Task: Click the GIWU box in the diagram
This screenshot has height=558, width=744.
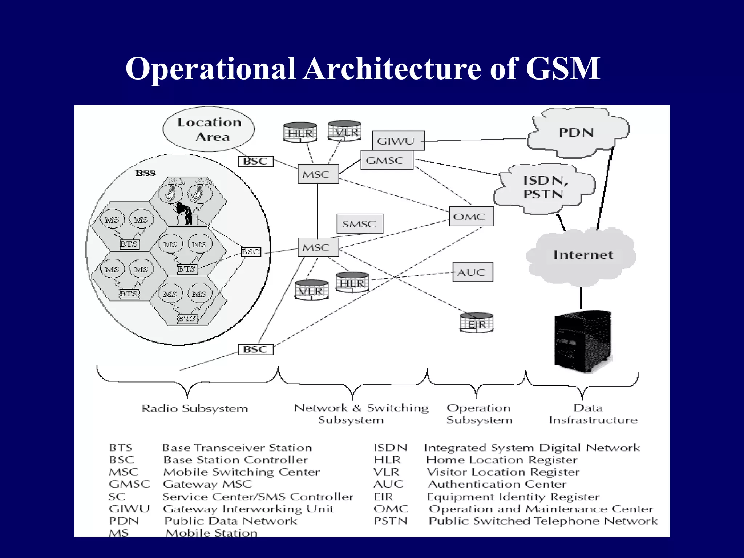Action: [x=398, y=141]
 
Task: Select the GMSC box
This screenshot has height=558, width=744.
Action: [x=387, y=160]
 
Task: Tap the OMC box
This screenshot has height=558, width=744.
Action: [x=471, y=217]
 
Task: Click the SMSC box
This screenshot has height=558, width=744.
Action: [x=360, y=223]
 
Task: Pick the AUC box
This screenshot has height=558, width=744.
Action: [x=472, y=272]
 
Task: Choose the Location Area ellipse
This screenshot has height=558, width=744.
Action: [x=209, y=129]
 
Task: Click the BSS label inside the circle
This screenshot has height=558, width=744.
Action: [x=145, y=173]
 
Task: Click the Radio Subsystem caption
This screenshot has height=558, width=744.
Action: [x=195, y=408]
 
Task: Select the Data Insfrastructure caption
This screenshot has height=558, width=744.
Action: [x=593, y=414]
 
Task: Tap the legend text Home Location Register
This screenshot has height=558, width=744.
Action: [x=502, y=460]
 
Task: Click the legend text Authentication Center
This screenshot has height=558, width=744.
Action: [x=497, y=484]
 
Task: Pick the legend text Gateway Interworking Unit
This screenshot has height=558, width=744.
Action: [x=248, y=509]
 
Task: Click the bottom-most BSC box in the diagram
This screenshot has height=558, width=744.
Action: [x=255, y=349]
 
